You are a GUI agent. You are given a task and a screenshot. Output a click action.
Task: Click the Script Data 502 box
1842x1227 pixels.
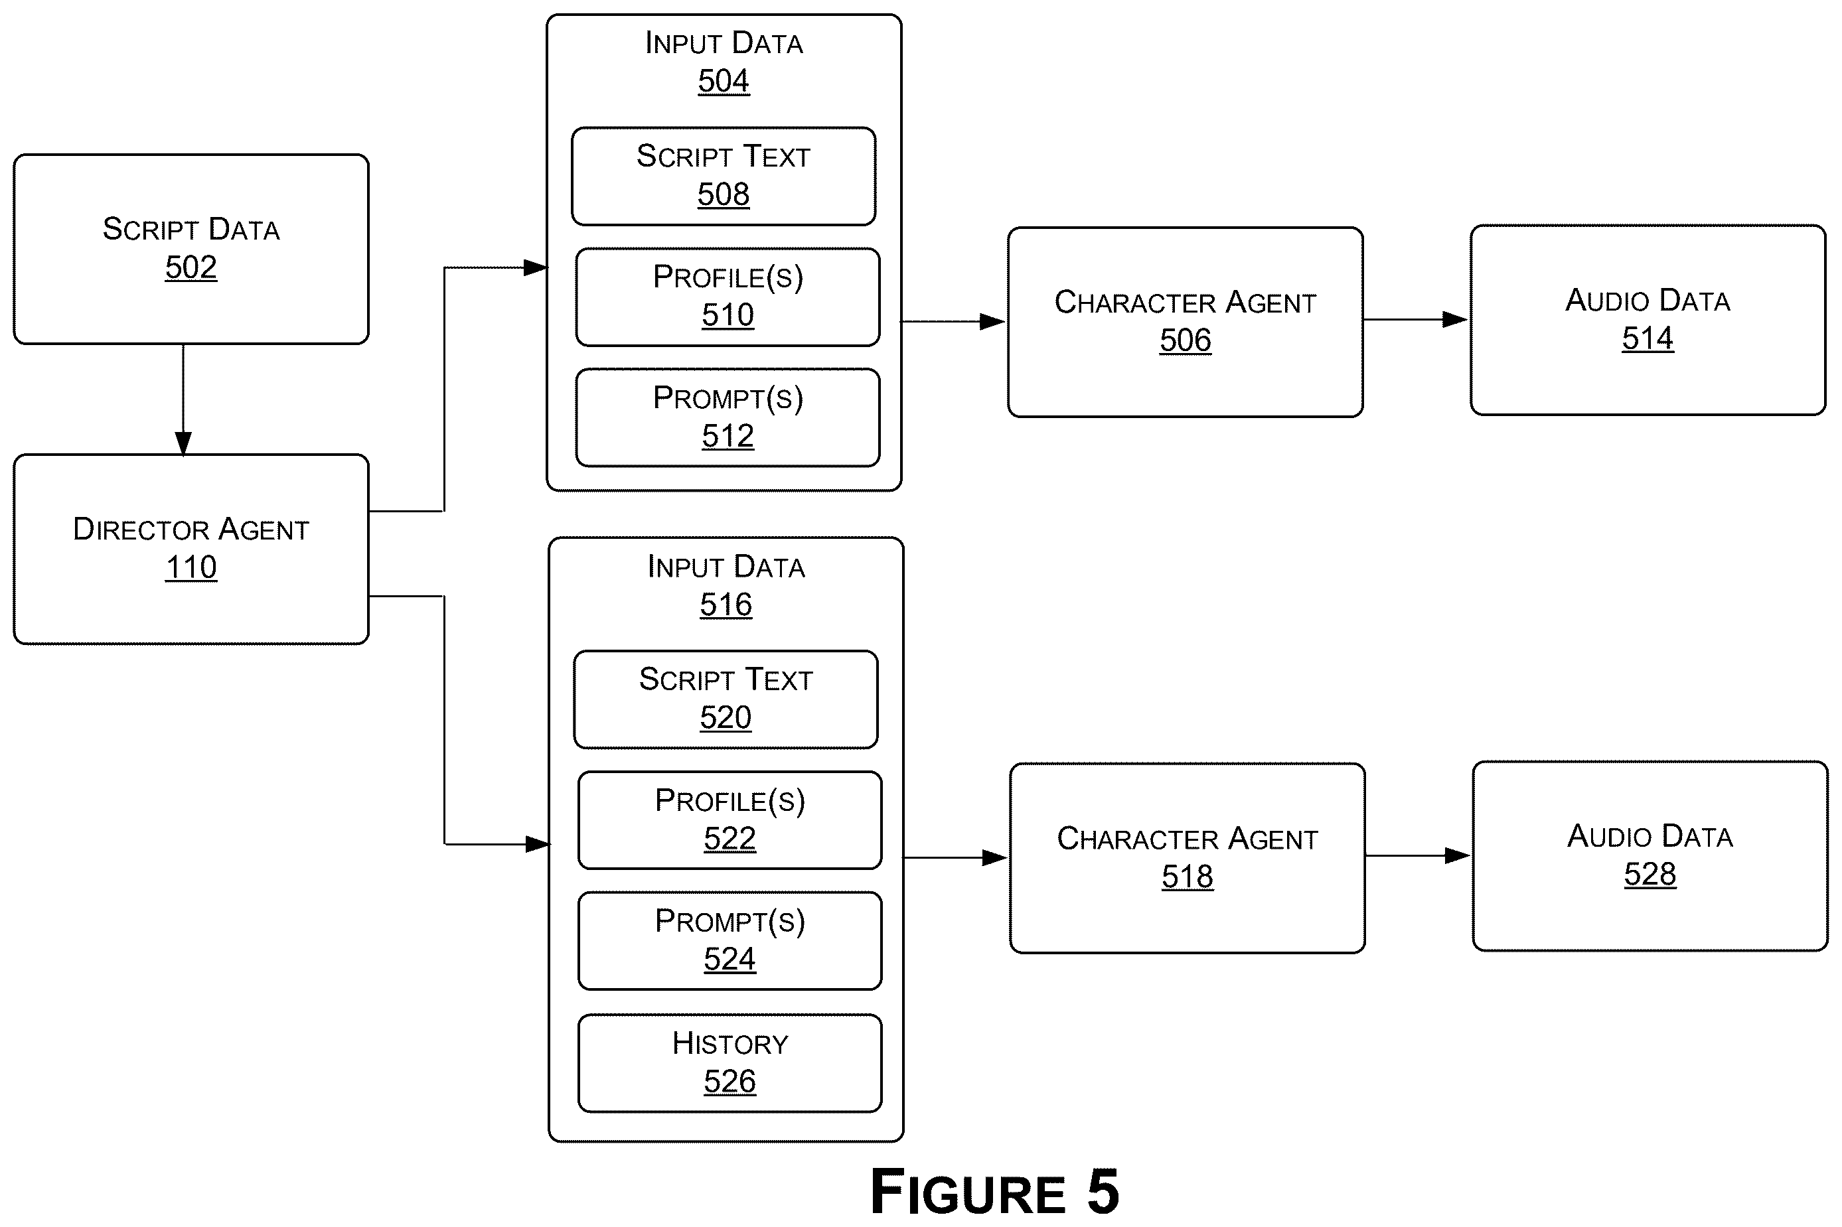tap(191, 249)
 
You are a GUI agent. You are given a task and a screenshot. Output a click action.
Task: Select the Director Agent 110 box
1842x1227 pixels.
tap(191, 549)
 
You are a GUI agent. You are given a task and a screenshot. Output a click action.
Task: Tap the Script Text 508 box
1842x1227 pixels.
tap(723, 176)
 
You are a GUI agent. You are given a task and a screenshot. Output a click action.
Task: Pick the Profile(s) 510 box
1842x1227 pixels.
tap(728, 297)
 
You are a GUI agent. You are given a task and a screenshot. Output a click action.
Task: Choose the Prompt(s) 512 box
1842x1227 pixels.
tap(728, 418)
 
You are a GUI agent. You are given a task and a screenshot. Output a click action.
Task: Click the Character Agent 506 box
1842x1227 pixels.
tap(1185, 323)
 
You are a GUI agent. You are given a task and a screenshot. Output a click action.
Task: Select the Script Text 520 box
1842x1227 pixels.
tap(726, 699)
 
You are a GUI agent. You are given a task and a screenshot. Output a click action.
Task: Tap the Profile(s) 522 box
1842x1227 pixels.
tap(729, 820)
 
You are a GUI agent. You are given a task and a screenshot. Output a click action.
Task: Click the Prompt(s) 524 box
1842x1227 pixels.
tap(729, 940)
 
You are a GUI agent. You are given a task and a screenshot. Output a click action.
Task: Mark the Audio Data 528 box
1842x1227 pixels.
tap(1650, 856)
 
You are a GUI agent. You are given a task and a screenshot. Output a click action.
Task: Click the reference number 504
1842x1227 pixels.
tap(723, 82)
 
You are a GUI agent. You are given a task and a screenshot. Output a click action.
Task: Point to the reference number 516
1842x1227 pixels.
tap(726, 605)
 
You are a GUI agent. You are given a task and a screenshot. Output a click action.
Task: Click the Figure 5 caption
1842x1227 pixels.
tap(994, 1191)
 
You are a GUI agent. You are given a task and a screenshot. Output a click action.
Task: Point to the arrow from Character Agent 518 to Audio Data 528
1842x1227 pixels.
tap(1419, 855)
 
